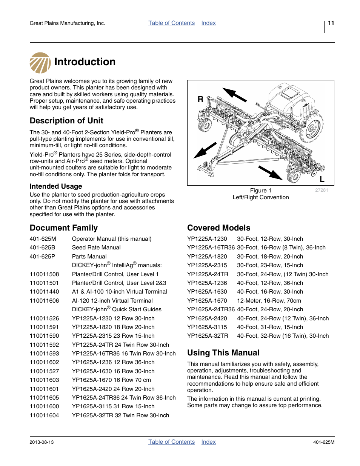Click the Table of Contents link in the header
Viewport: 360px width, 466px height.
click(x=171, y=23)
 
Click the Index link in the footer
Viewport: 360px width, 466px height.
click(x=208, y=442)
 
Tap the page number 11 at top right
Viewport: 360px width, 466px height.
click(x=331, y=23)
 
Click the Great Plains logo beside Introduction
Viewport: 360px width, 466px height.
click(x=40, y=63)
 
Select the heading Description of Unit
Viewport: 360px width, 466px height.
click(x=66, y=121)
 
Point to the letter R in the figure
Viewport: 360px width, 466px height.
click(x=200, y=99)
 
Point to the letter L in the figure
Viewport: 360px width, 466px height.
click(x=322, y=179)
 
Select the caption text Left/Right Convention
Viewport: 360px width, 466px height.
click(x=260, y=197)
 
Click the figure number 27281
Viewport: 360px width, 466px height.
click(x=322, y=190)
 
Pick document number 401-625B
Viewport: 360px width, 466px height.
click(x=42, y=248)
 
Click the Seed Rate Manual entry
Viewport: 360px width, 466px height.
click(x=96, y=248)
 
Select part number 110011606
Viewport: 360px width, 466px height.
click(x=44, y=301)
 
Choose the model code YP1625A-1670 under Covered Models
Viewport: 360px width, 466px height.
click(x=207, y=301)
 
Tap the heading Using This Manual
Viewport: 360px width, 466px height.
click(x=223, y=353)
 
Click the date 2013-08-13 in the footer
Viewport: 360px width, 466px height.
click(x=42, y=442)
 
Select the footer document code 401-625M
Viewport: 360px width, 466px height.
click(x=323, y=442)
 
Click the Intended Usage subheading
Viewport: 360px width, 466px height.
click(x=56, y=186)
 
